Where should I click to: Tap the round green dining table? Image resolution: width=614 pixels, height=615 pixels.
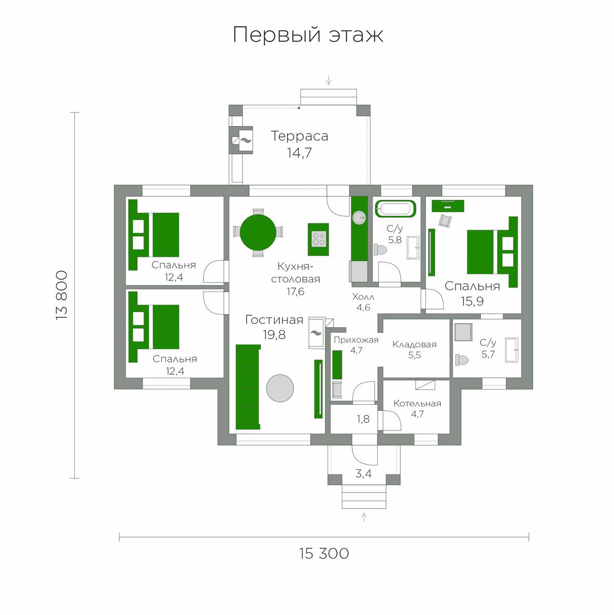(x=258, y=232)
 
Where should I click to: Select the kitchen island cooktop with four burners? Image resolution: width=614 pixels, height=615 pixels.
(x=318, y=239)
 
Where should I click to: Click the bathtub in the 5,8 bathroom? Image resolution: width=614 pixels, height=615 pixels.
(x=395, y=209)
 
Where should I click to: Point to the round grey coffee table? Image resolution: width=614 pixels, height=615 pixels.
(x=280, y=388)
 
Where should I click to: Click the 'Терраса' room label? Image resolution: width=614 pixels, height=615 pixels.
(x=299, y=136)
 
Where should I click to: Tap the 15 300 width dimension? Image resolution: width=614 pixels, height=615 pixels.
(x=324, y=553)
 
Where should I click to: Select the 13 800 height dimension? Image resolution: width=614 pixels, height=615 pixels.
(x=62, y=295)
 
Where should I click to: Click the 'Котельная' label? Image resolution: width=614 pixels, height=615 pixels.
(x=417, y=403)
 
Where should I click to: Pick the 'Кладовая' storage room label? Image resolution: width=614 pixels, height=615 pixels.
(x=415, y=344)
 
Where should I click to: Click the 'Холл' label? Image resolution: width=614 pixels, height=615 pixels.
(x=363, y=297)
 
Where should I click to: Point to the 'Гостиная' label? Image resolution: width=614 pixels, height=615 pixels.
(x=274, y=320)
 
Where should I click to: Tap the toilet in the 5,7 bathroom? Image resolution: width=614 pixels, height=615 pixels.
(x=462, y=360)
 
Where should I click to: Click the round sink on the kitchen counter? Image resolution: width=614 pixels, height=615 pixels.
(x=359, y=218)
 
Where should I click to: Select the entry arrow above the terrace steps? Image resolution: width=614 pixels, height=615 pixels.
(x=329, y=80)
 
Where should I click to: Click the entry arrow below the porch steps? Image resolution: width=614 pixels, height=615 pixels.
(x=364, y=517)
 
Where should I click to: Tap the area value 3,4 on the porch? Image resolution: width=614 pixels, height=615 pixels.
(x=363, y=474)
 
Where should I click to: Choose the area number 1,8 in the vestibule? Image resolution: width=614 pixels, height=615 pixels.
(x=363, y=419)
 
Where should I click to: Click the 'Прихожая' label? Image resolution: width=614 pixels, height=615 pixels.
(x=356, y=340)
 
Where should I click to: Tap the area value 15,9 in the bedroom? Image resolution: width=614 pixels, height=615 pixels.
(x=472, y=301)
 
